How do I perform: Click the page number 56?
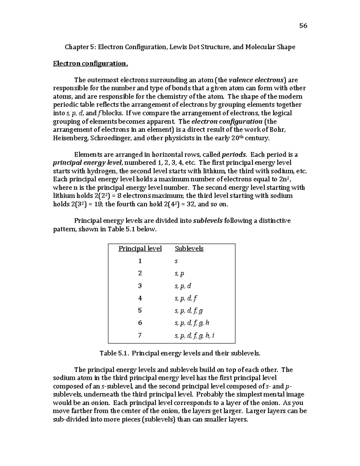(x=303, y=26)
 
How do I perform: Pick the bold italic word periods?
(x=234, y=155)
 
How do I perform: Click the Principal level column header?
(x=140, y=249)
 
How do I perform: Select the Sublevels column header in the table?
(x=189, y=249)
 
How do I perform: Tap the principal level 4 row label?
(x=140, y=298)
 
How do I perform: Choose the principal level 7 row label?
(x=140, y=335)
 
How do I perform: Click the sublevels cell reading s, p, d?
(x=183, y=286)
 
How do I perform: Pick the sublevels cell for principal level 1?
(x=176, y=261)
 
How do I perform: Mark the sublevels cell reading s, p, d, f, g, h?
(x=192, y=323)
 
